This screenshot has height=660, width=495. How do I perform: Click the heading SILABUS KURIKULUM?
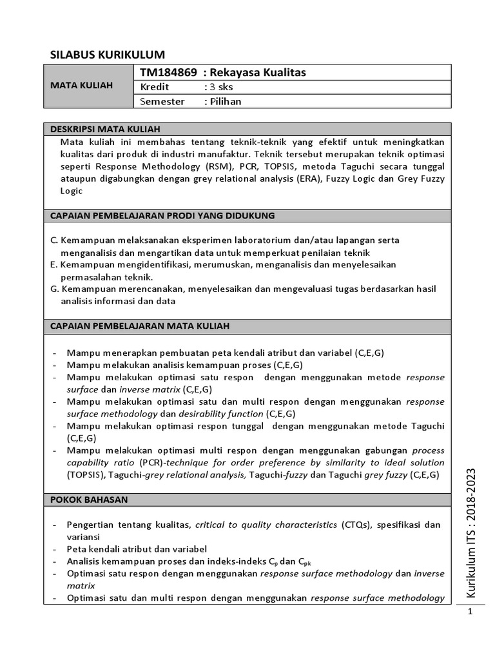108,54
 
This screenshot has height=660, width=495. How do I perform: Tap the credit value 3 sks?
218,86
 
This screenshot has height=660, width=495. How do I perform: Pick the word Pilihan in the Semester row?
226,101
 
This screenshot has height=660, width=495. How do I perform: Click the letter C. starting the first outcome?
54,240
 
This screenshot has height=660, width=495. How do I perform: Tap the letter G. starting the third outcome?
55,289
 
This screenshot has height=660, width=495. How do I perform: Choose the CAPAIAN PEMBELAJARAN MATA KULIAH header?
140,327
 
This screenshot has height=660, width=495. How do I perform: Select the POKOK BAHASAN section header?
89,500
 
